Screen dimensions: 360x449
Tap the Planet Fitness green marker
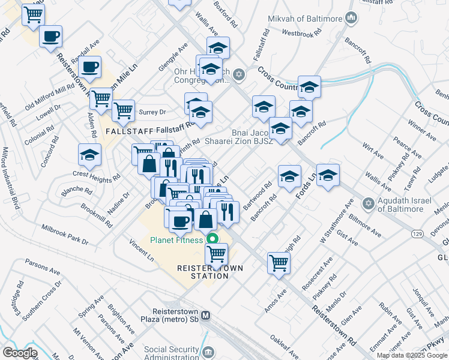coord(211,240)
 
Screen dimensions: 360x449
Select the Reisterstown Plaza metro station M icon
coord(206,315)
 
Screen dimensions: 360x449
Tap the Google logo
coord(20,352)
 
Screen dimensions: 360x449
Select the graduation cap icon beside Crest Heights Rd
coord(89,156)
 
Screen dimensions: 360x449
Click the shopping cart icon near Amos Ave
coord(279,262)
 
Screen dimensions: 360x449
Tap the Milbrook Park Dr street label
coord(64,235)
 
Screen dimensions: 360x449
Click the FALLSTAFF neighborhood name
coord(126,130)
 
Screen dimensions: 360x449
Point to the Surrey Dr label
coord(151,112)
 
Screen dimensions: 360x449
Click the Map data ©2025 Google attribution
coord(412,355)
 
